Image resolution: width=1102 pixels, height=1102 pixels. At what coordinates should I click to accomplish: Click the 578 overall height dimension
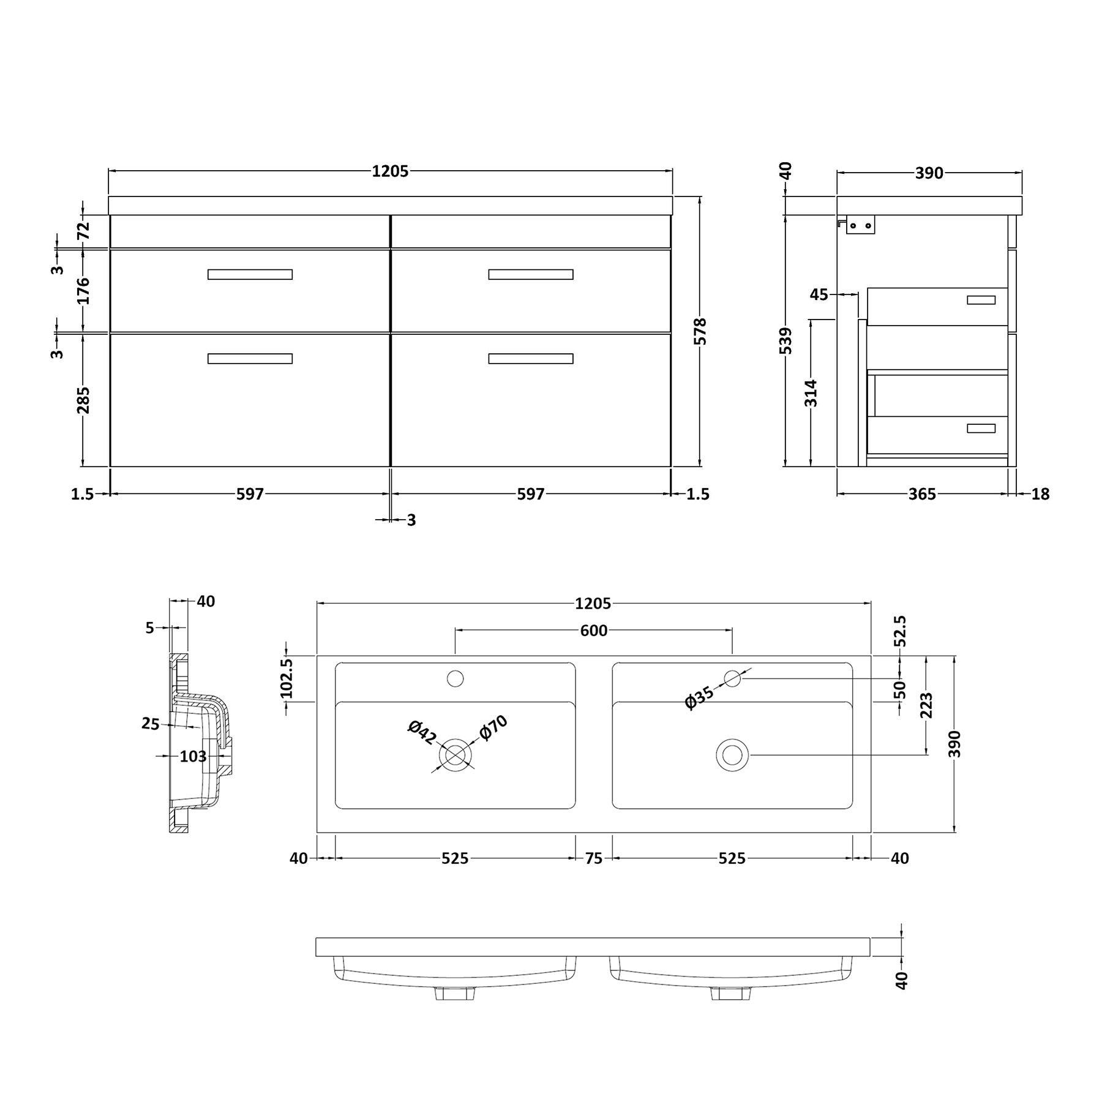tap(701, 331)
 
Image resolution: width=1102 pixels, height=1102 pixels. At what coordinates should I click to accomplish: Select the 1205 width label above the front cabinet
tap(390, 172)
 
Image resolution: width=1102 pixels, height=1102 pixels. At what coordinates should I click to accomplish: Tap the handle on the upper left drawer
tap(250, 274)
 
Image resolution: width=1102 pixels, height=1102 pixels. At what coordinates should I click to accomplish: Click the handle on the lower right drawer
tap(530, 359)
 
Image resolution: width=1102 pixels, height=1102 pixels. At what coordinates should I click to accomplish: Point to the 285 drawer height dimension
tap(83, 399)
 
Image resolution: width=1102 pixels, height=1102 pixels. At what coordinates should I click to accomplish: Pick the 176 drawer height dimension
tap(83, 291)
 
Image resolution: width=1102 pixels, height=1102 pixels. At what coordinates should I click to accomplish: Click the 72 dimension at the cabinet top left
tap(83, 231)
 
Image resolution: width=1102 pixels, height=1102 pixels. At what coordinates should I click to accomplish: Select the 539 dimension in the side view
tap(786, 340)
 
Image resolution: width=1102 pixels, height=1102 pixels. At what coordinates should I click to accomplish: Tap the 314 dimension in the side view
tap(811, 392)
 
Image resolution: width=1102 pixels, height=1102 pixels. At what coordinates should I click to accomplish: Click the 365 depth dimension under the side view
tap(921, 494)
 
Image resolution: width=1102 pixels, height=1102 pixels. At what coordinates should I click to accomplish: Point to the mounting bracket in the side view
tap(860, 226)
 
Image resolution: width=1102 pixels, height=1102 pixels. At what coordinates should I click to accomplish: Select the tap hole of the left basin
tap(455, 678)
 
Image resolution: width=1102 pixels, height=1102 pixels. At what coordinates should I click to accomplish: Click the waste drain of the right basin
tap(732, 755)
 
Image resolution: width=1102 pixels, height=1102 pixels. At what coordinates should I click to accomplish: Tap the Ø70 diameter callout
tap(493, 728)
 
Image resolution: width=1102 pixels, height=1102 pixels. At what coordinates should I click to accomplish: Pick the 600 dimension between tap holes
tap(593, 631)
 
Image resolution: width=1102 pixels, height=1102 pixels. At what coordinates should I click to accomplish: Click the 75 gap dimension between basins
tap(593, 858)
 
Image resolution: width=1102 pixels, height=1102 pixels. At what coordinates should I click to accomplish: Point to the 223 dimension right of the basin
tap(926, 705)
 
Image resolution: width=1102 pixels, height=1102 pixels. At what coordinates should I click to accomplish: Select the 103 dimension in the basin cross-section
tap(193, 757)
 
